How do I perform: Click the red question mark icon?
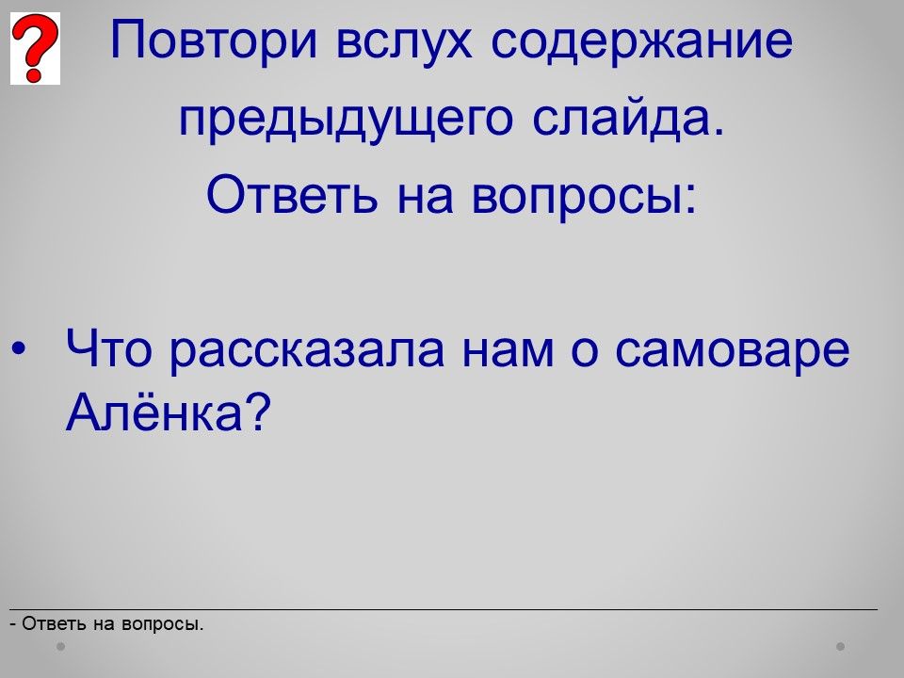35,48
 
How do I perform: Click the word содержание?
642,40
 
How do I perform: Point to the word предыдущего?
346,119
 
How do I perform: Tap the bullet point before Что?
19,348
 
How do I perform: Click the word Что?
109,348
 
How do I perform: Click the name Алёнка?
154,412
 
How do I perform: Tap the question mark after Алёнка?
258,412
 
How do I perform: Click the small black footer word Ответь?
55,623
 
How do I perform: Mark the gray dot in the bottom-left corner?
60,646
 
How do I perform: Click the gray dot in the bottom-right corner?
841,646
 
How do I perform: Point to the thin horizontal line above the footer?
444,609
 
